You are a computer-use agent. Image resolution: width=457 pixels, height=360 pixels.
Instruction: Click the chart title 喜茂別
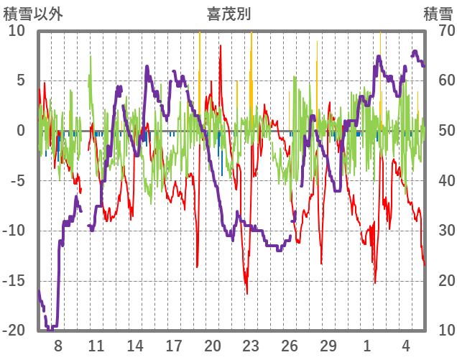click(x=228, y=14)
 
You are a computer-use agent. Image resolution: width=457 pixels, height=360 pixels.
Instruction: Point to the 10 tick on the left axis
click(x=17, y=31)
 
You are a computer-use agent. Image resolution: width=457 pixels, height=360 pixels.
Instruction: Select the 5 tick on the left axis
click(x=21, y=80)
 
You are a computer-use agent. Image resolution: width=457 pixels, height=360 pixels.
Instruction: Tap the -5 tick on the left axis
click(x=18, y=181)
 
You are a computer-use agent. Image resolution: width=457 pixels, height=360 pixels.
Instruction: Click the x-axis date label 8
click(x=58, y=344)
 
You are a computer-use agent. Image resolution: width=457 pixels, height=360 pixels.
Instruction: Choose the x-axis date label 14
click(x=135, y=344)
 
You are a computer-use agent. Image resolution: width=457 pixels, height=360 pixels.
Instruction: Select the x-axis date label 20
click(x=213, y=344)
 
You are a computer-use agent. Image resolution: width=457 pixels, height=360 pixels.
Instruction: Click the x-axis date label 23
click(x=251, y=344)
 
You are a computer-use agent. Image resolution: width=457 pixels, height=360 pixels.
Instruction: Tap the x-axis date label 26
click(x=290, y=344)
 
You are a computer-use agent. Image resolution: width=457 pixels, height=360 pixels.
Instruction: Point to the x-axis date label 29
click(x=329, y=344)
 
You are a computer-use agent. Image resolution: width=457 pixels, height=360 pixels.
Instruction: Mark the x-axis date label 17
click(x=174, y=344)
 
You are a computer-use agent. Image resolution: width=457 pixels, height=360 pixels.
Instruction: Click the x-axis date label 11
click(x=96, y=344)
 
